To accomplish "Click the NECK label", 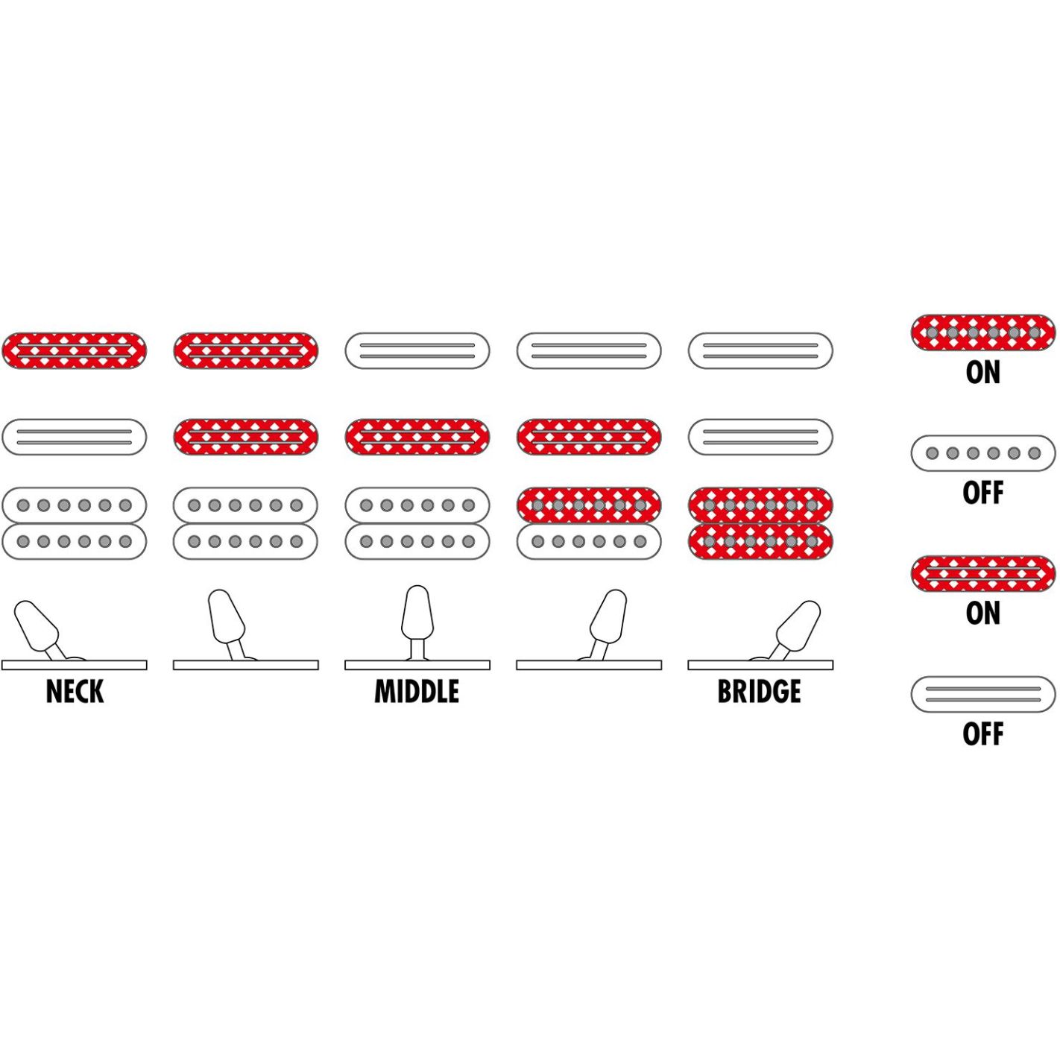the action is (75, 692).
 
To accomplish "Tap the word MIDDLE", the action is (417, 692).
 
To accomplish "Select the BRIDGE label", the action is (760, 692).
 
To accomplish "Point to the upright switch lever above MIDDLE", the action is (417, 622).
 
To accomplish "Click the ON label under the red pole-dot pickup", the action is (983, 373).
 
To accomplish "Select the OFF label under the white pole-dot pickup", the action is (983, 493).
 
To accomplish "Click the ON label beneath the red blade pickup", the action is (983, 613).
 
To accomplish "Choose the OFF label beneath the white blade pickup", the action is (983, 734).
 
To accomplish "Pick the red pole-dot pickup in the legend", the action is (983, 332).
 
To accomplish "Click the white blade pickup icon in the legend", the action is (983, 694).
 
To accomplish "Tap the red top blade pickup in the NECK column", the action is (75, 350).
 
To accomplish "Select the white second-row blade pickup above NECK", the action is (75, 437).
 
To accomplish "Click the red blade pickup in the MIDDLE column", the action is (417, 437).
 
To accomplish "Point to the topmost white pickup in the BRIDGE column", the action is (761, 350).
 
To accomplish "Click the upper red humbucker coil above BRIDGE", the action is (761, 505).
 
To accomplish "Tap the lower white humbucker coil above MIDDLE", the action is (417, 541).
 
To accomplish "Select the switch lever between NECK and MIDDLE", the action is (229, 625).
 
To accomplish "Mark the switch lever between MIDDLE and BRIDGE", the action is (605, 625).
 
